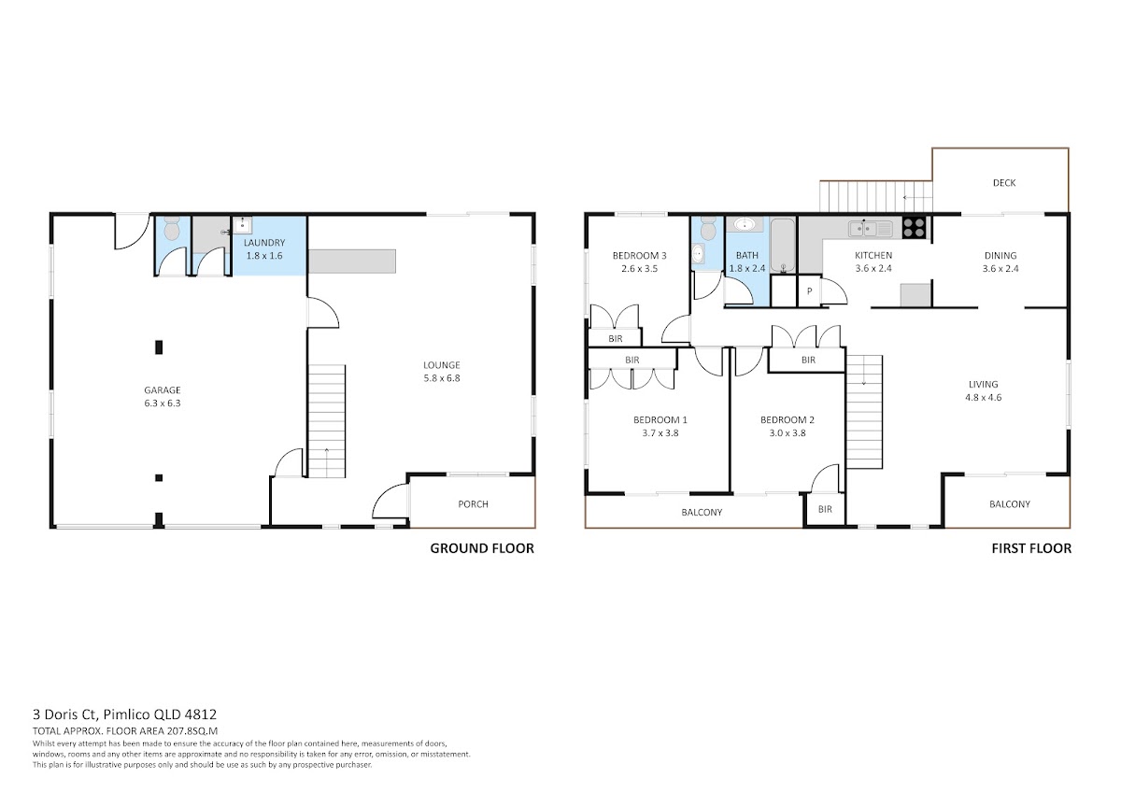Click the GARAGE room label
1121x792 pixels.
click(163, 389)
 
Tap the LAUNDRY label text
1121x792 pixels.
click(264, 243)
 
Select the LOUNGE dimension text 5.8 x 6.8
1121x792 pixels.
click(441, 378)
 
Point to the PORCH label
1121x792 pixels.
click(473, 503)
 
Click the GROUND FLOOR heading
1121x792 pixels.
click(482, 548)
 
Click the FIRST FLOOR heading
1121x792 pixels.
click(1031, 548)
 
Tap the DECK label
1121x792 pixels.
click(1004, 183)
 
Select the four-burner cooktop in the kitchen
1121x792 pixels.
click(914, 228)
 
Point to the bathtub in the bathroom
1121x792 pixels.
click(783, 245)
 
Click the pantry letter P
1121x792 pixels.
click(809, 291)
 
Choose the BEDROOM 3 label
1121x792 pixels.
click(639, 256)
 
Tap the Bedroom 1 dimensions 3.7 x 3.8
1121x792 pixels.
click(660, 433)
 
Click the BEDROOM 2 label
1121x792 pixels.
click(788, 420)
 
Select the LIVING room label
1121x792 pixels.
click(983, 384)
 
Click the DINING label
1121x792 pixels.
click(1000, 256)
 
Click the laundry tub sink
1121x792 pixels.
click(243, 225)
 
